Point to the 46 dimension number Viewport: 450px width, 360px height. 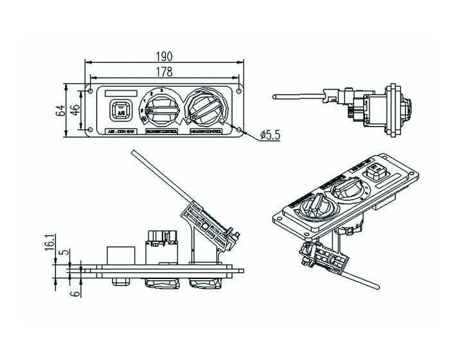[x=75, y=110]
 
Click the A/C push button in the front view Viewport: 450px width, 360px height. [x=120, y=111]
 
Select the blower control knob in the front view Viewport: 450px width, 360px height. [x=162, y=109]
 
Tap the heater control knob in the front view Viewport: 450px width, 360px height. [x=206, y=108]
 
